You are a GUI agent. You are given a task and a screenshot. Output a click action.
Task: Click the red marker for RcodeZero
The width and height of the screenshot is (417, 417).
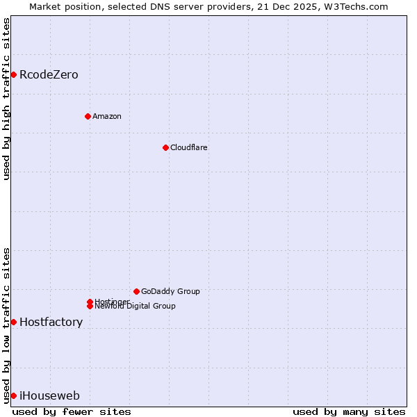(x=13, y=74)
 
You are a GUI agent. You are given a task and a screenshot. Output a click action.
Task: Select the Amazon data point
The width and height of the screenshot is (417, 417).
(x=88, y=116)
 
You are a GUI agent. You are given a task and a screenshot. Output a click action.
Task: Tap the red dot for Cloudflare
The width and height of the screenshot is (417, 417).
(x=165, y=147)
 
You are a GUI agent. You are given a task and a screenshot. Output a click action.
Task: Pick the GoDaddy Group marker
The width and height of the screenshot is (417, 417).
(x=136, y=291)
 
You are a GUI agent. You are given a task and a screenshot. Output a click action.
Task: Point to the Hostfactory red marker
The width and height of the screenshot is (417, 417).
(x=13, y=322)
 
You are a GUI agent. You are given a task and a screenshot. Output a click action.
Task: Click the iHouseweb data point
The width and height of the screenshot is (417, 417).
(x=13, y=395)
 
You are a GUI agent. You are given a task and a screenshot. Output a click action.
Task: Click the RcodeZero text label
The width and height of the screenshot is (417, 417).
(x=49, y=75)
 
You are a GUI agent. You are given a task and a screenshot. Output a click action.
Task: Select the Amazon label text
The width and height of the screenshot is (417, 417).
(x=106, y=116)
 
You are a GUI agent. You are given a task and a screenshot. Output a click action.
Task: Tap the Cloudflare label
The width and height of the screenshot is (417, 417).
(x=188, y=147)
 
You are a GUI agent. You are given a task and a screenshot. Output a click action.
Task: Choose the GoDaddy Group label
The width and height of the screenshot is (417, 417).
(x=170, y=291)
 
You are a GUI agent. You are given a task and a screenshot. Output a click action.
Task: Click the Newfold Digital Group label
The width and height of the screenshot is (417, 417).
(x=135, y=306)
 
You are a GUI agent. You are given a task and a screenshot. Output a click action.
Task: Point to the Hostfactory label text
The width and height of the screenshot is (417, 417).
(x=51, y=322)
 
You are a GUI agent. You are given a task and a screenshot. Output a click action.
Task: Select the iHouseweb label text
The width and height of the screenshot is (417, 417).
(x=49, y=396)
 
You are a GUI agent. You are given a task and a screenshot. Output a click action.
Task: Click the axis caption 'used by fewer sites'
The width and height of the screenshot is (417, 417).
(x=72, y=411)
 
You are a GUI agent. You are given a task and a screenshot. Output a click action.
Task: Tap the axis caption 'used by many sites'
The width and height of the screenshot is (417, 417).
(x=349, y=411)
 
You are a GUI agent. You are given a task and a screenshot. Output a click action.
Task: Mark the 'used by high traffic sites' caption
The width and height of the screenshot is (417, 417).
(x=6, y=99)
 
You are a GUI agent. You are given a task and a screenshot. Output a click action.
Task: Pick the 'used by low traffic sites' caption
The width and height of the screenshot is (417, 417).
(x=6, y=325)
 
